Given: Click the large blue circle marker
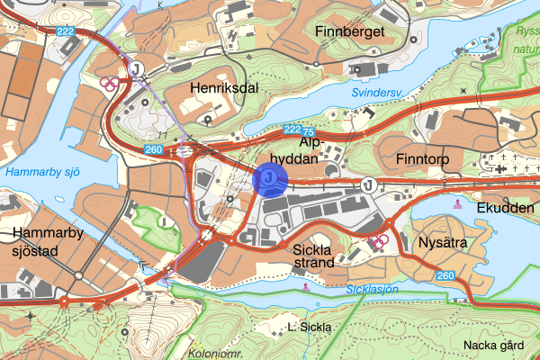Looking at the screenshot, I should click(269, 179).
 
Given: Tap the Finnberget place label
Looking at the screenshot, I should click(350, 32).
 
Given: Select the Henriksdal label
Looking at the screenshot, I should click(225, 88).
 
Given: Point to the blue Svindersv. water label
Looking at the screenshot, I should click(373, 92).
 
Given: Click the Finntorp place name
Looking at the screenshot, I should click(423, 160).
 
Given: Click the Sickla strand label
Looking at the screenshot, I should click(313, 256).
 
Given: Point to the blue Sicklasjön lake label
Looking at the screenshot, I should click(371, 289).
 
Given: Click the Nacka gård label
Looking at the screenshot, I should click(493, 345).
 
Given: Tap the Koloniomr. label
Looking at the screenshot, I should click(216, 354).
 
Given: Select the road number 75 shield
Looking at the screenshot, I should click(309, 130).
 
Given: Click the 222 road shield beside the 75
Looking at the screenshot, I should click(291, 130).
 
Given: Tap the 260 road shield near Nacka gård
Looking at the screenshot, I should click(444, 275).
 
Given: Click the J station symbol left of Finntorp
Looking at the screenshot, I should click(368, 184).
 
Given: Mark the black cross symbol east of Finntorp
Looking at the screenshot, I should click(499, 166).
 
